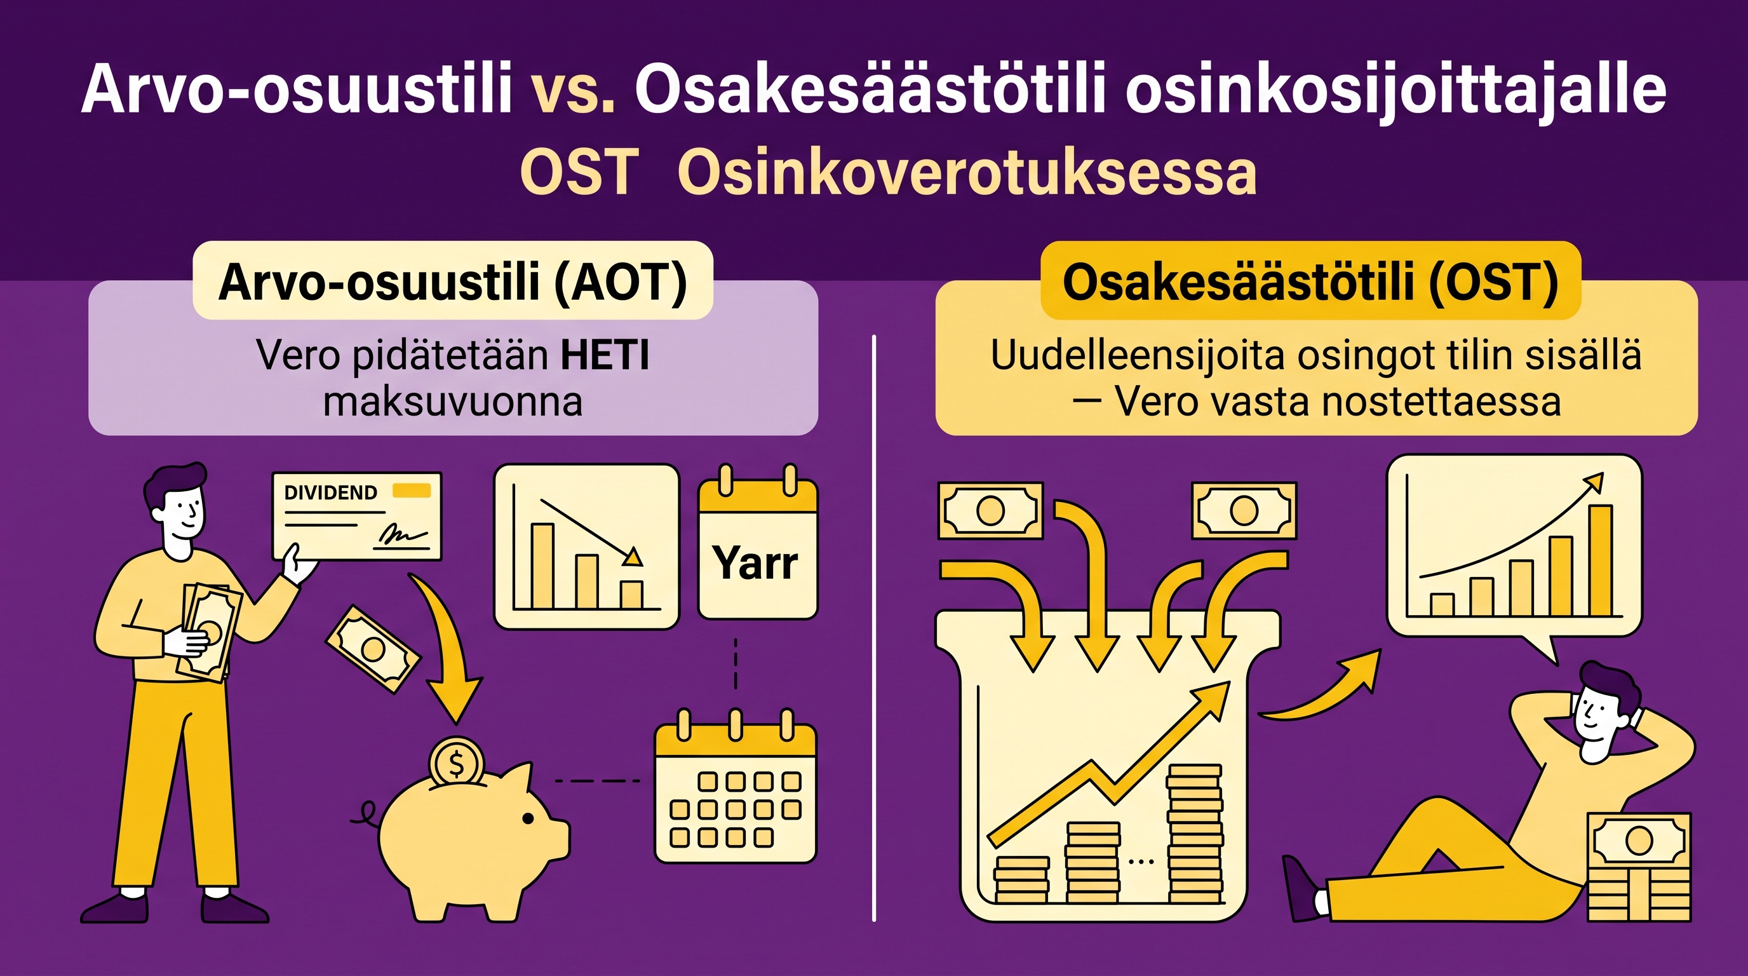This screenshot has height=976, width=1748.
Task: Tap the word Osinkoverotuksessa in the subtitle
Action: (x=966, y=173)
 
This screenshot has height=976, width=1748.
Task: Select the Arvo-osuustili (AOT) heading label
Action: (x=453, y=281)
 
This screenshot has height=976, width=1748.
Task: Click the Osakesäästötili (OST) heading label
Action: (x=1310, y=281)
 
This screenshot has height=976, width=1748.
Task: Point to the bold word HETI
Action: (x=605, y=355)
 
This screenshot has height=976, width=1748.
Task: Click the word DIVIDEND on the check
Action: (x=330, y=492)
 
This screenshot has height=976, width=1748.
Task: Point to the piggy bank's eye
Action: (x=527, y=819)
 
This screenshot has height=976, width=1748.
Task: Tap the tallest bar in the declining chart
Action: (x=542, y=566)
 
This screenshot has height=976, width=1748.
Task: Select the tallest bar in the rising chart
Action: (x=1601, y=560)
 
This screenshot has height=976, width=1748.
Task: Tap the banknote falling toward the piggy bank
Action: (x=373, y=649)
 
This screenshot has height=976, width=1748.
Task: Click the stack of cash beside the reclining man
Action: (x=1639, y=867)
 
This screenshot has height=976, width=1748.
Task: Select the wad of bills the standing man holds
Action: (x=209, y=632)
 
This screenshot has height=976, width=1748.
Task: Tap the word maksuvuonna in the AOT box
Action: (x=453, y=402)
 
